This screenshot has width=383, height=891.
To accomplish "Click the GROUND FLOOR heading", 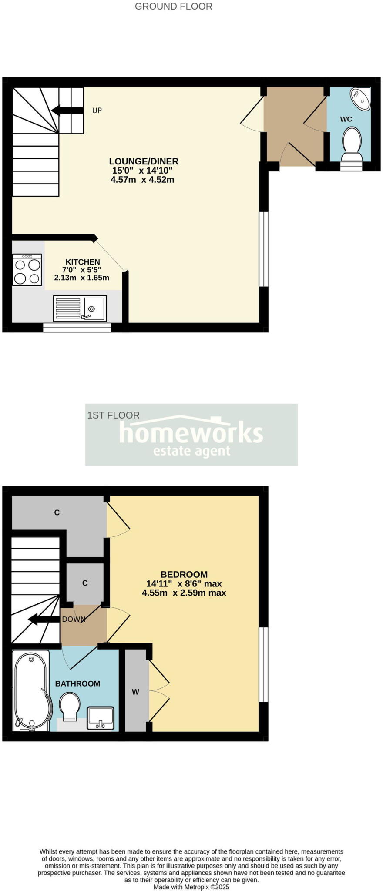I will pyautogui.click(x=173, y=7).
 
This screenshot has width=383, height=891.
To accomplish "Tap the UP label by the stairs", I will pyautogui.click(x=97, y=111).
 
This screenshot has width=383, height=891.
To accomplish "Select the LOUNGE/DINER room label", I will pyautogui.click(x=144, y=161).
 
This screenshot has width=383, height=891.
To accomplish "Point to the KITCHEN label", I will pyautogui.click(x=83, y=262).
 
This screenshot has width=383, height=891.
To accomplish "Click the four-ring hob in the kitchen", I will pyautogui.click(x=27, y=270).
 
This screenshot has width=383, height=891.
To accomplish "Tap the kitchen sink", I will pyautogui.click(x=80, y=308).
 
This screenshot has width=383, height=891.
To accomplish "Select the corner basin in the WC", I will pyautogui.click(x=361, y=98).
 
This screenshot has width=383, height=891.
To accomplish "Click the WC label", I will pyautogui.click(x=346, y=119).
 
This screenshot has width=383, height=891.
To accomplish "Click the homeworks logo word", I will pyautogui.click(x=191, y=432).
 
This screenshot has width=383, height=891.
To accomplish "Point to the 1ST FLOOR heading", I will pyautogui.click(x=114, y=415).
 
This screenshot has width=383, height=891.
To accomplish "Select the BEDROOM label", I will pyautogui.click(x=184, y=574).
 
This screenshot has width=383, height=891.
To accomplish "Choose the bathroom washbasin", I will pyautogui.click(x=101, y=718).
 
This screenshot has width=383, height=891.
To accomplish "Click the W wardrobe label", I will pyautogui.click(x=135, y=692).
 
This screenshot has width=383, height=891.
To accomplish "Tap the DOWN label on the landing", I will pyautogui.click(x=74, y=619).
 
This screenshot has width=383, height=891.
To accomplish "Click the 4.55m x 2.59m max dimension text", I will pyautogui.click(x=184, y=593).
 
